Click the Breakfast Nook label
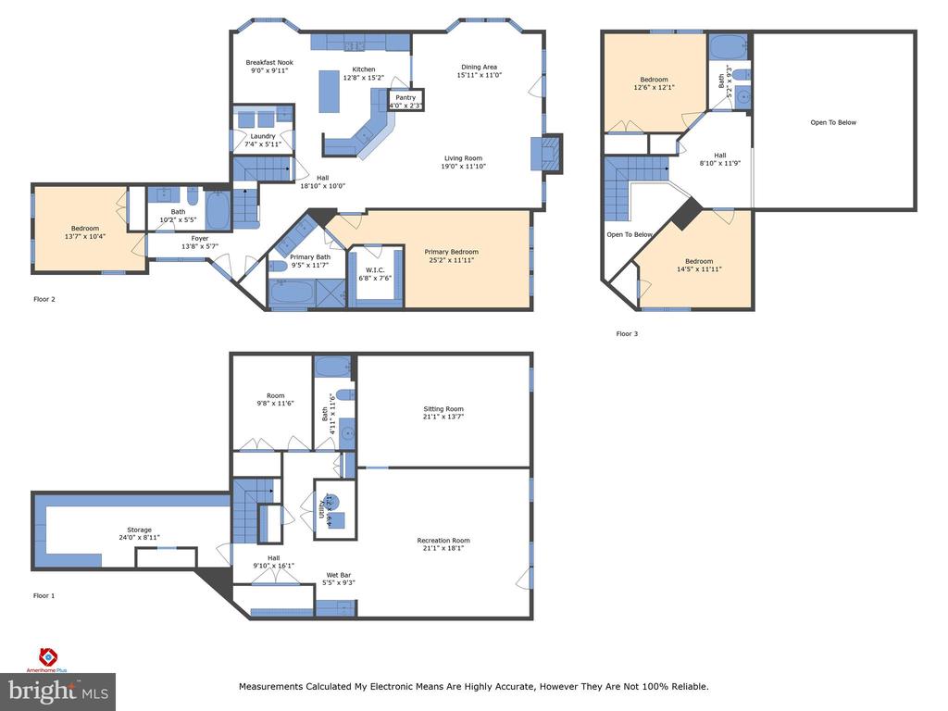click(269, 62)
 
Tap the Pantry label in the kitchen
click(405, 97)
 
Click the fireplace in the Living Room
click(547, 153)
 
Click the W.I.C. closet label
click(376, 270)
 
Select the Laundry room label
click(262, 136)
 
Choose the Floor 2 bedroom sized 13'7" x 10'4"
click(85, 229)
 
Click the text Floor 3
click(627, 333)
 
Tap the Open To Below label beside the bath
click(833, 122)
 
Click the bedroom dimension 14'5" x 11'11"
click(699, 269)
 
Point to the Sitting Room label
click(443, 408)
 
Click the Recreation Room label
click(443, 541)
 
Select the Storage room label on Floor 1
click(140, 530)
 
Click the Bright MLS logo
click(58, 690)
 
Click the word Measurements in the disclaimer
click(270, 687)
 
